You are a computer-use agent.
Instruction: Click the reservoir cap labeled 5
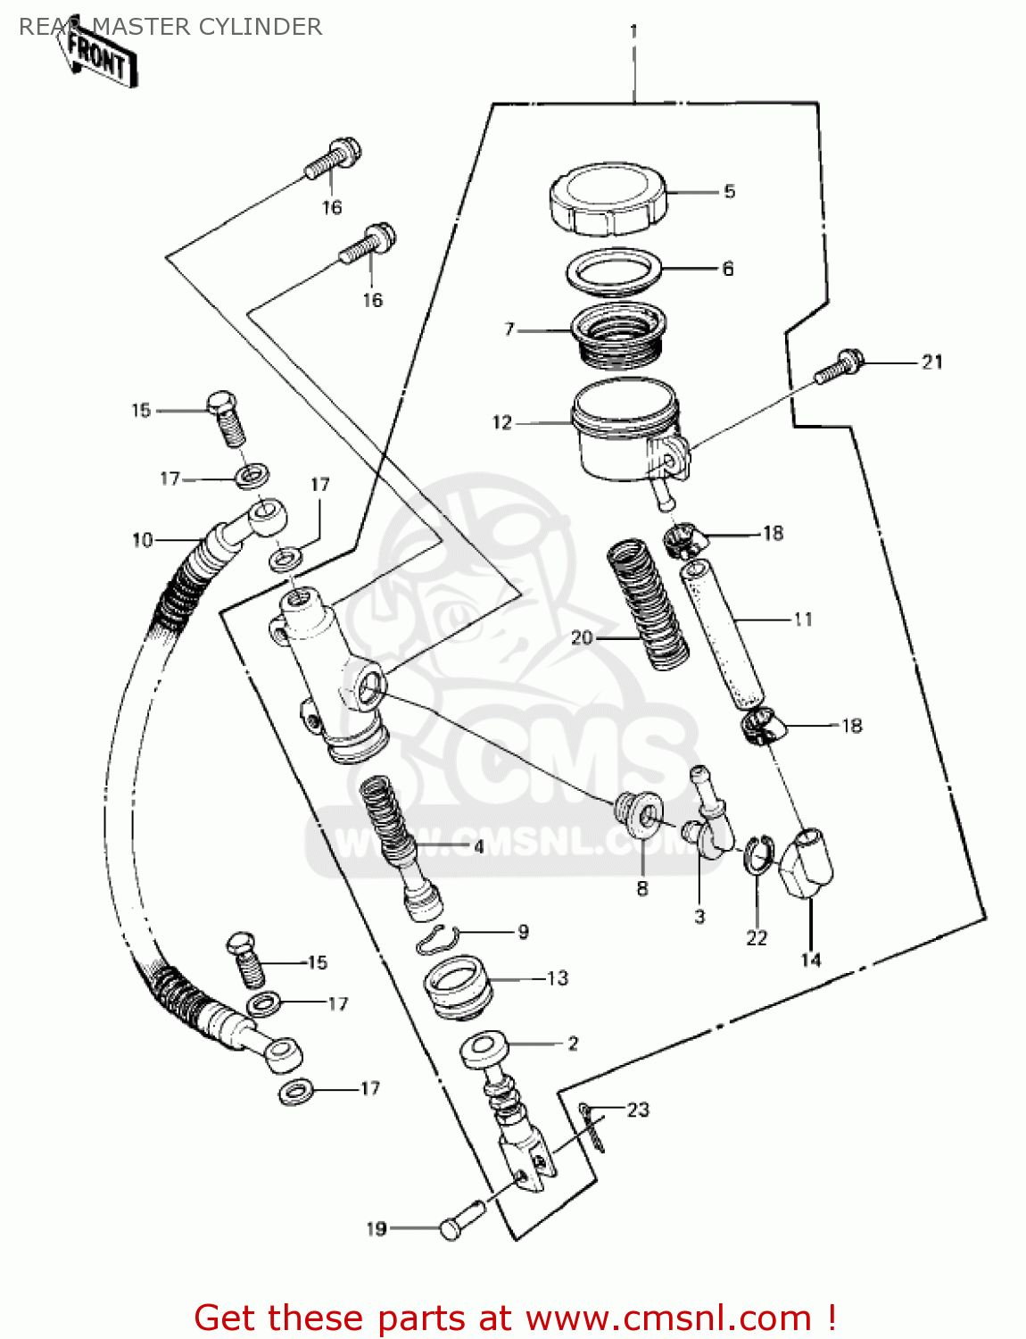point(608,200)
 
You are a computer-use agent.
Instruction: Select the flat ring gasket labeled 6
point(614,269)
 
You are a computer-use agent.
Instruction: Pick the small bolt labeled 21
point(840,365)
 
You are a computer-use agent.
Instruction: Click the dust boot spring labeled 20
point(648,604)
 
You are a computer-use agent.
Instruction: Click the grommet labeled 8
point(640,813)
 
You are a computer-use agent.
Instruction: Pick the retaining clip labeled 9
point(438,938)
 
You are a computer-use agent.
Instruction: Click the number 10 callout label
point(142,540)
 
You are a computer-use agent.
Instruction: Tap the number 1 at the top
point(633,31)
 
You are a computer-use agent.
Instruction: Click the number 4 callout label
point(479,846)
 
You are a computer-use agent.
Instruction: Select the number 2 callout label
point(573,1043)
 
